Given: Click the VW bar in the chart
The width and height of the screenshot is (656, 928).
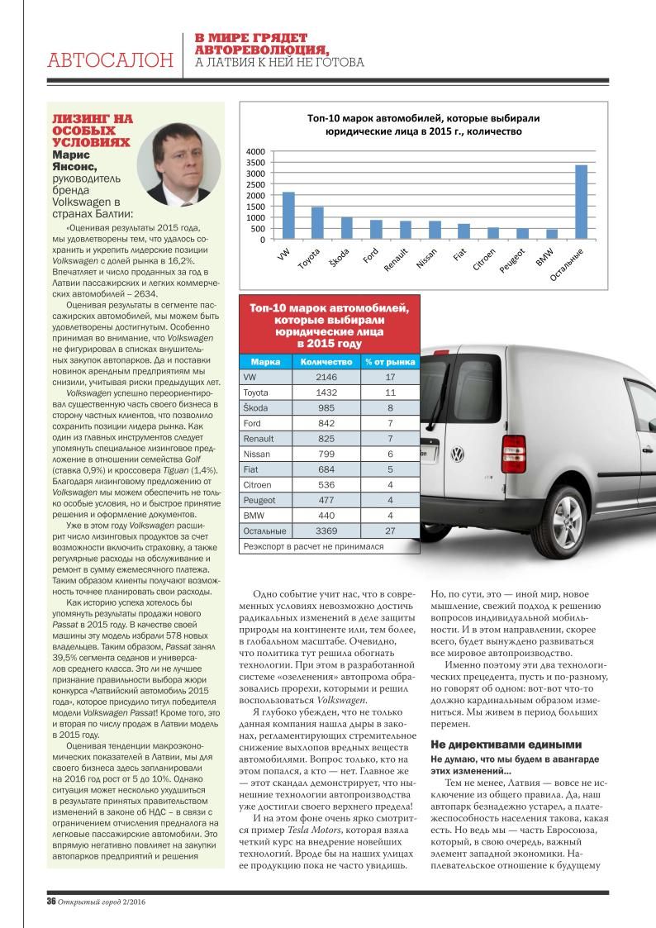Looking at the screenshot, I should pos(288,216).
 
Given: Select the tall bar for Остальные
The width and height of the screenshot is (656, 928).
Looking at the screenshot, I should pos(581,202).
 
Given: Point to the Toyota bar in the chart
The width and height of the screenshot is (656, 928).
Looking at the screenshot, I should pos(317,223).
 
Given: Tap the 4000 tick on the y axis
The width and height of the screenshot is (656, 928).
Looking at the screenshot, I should pos(256,152).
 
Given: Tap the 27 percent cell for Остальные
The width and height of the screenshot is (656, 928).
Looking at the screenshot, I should pos(390,530).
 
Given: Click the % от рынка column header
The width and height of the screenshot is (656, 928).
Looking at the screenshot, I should pos(390,361).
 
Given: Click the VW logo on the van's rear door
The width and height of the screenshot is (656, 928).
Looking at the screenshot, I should pos(457,454).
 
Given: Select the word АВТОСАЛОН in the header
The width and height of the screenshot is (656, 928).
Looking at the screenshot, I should pos(111,60).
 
